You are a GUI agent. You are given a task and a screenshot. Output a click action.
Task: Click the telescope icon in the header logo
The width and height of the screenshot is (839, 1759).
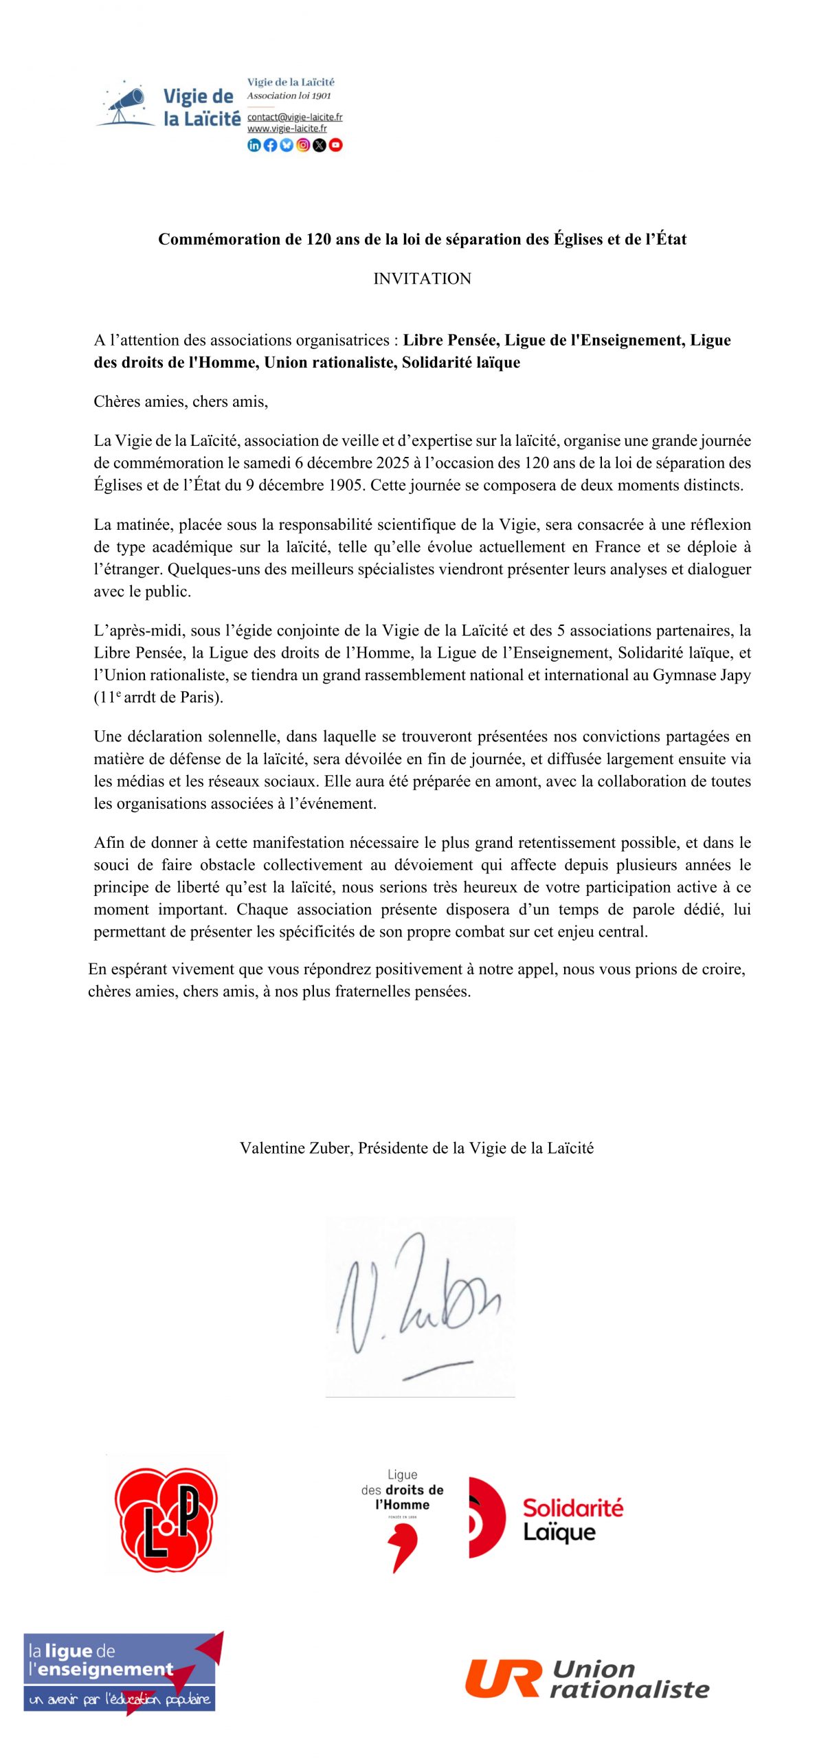pyautogui.click(x=126, y=104)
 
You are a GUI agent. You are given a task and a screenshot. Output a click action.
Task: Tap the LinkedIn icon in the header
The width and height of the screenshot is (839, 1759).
pyautogui.click(x=254, y=145)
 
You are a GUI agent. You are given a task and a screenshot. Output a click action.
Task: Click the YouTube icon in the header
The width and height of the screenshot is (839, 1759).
pyautogui.click(x=335, y=145)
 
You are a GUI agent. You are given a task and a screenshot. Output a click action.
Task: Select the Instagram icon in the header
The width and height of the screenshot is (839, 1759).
pyautogui.click(x=303, y=145)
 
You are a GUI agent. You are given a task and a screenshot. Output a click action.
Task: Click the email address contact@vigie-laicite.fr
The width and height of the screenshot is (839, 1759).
pyautogui.click(x=295, y=117)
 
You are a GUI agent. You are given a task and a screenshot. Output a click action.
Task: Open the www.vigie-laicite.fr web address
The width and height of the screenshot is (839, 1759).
pyautogui.click(x=287, y=128)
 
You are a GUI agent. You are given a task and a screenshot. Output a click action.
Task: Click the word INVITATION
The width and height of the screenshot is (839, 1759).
pyautogui.click(x=422, y=278)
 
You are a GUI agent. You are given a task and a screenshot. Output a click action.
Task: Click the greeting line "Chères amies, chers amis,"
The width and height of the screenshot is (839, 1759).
pyautogui.click(x=181, y=401)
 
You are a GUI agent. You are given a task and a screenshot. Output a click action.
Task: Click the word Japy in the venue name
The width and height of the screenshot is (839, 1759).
pyautogui.click(x=735, y=675)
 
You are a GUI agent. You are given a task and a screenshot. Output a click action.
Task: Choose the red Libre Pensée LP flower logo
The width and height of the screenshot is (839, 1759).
pyautogui.click(x=166, y=1521)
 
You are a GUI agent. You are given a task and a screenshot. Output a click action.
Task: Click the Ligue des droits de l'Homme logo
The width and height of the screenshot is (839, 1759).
pyautogui.click(x=403, y=1519)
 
